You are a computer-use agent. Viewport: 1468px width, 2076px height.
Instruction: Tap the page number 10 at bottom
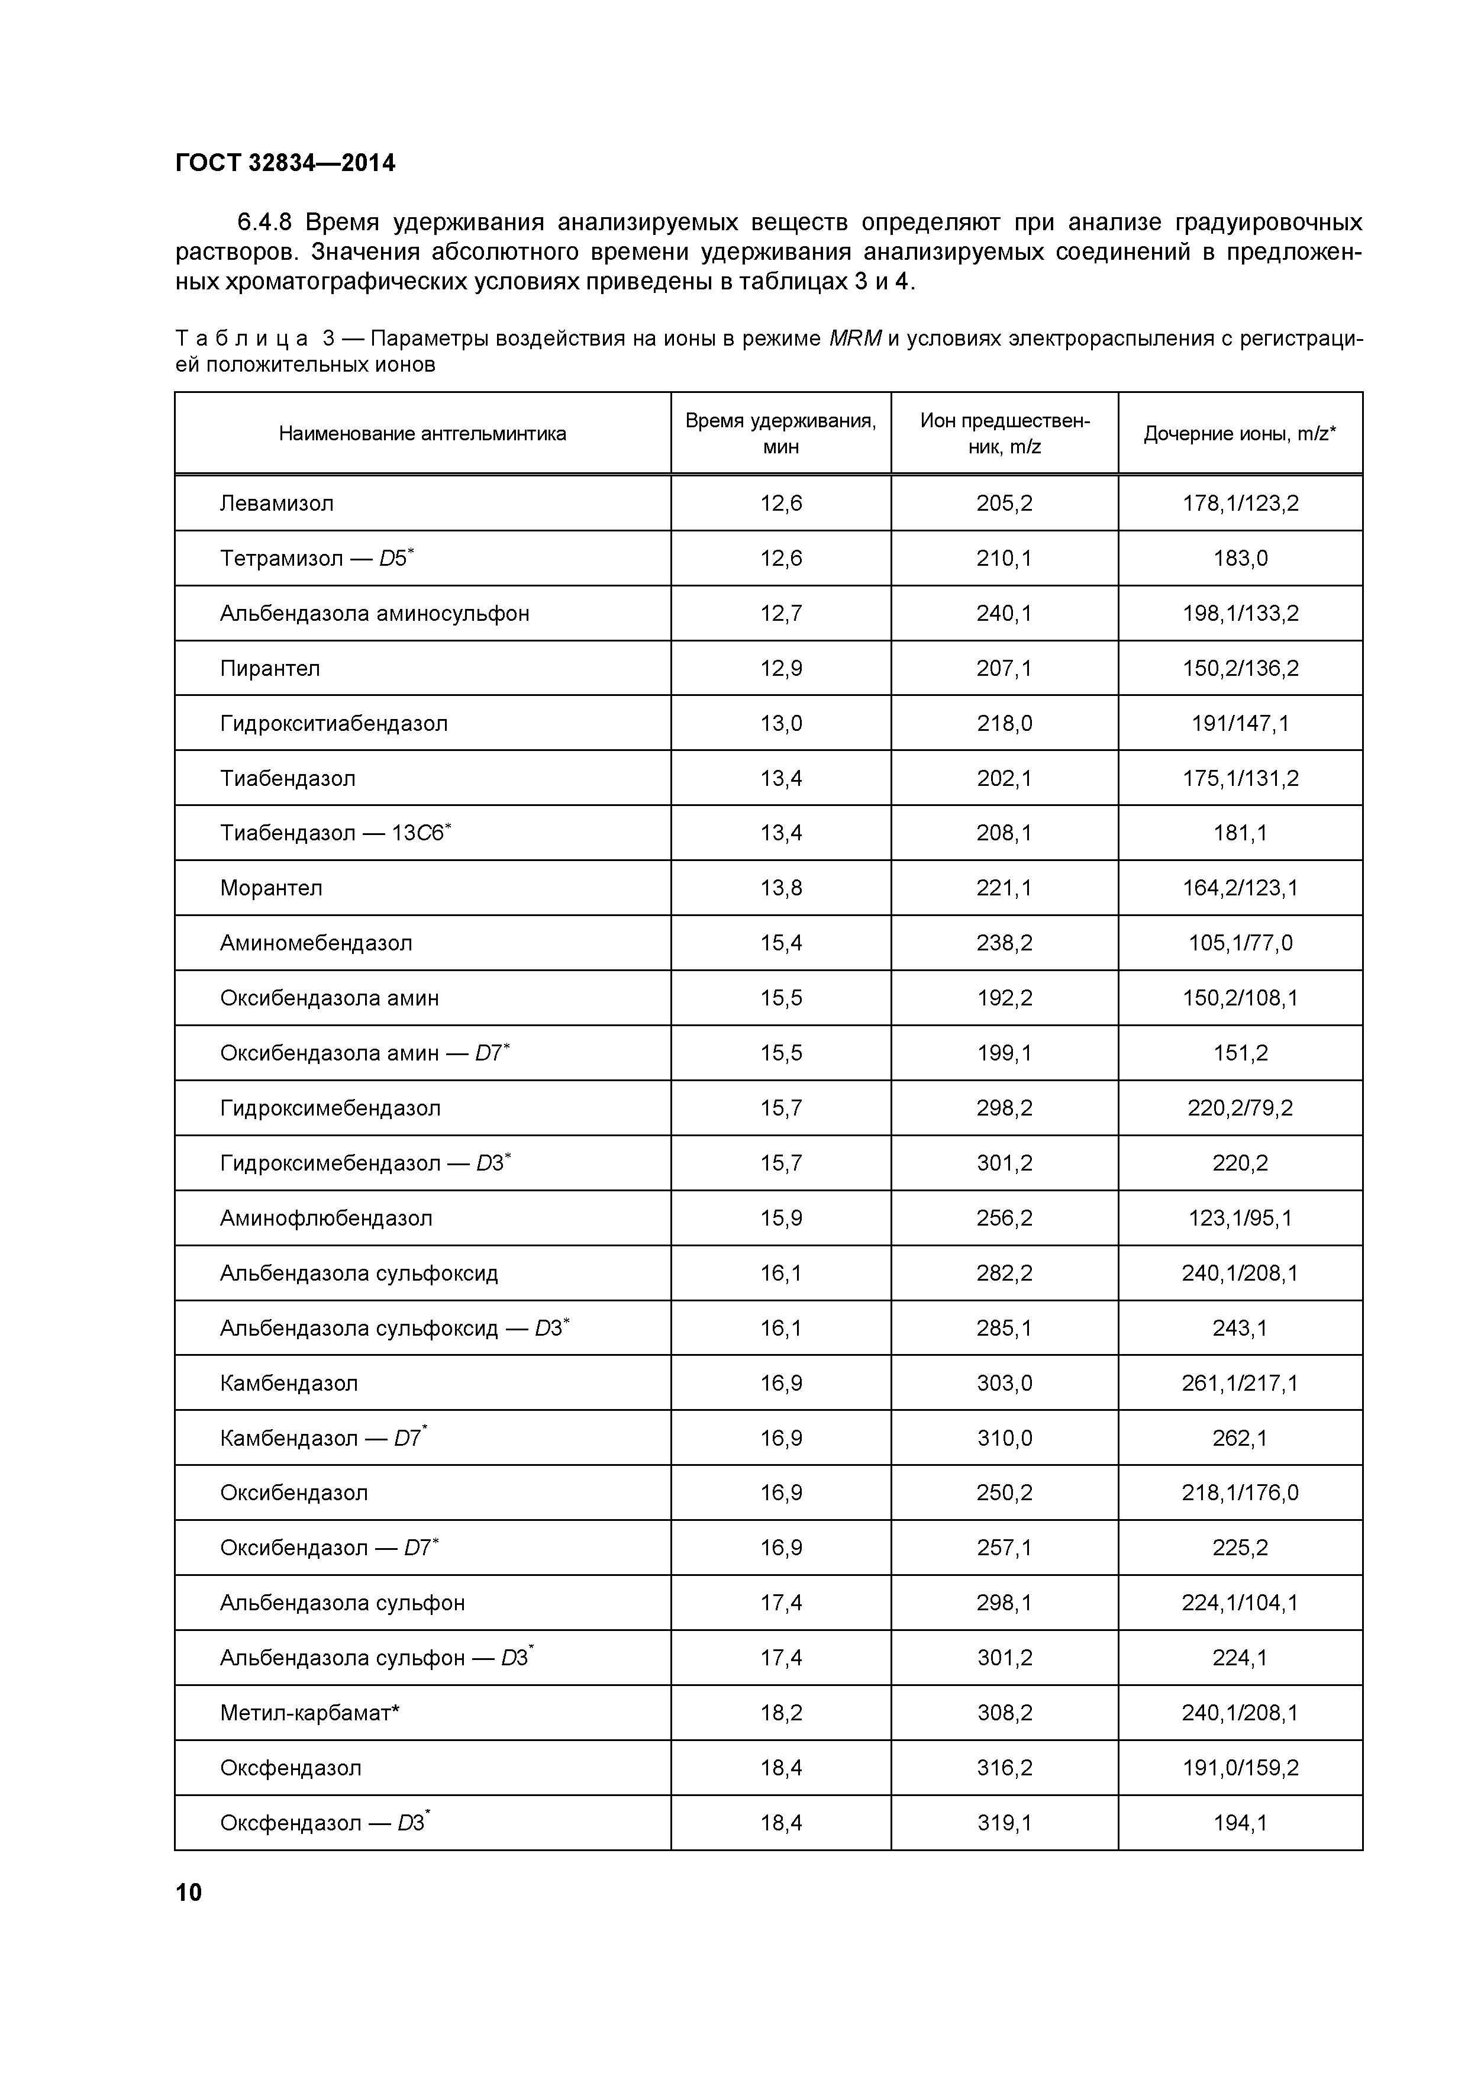click(189, 1893)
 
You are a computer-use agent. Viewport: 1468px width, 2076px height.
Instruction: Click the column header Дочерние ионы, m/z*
click(1239, 433)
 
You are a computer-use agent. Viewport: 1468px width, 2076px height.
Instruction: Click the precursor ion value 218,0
click(1004, 723)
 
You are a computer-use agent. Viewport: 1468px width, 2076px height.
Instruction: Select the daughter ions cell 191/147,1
click(1239, 723)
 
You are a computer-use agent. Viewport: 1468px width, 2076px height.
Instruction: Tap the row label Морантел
click(271, 888)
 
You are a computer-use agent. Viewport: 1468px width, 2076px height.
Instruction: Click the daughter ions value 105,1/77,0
click(1239, 943)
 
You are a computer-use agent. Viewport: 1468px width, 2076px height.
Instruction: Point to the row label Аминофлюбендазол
click(327, 1218)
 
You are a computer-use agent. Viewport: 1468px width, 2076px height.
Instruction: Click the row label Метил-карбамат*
click(309, 1713)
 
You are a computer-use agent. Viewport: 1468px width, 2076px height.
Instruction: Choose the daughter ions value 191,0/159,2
click(1239, 1768)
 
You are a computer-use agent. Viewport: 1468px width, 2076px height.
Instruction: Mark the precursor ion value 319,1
click(1004, 1823)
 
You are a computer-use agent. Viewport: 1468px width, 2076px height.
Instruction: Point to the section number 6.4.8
click(266, 223)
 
